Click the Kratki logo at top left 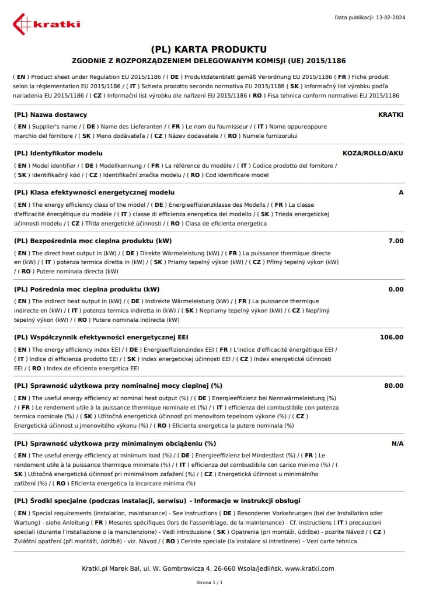(47, 24)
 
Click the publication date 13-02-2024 (389, 18)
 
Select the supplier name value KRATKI (390, 114)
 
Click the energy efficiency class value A (400, 192)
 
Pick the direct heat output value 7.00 (395, 241)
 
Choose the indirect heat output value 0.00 (395, 289)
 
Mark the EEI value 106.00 (391, 337)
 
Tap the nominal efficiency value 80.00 (393, 386)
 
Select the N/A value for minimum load (397, 443)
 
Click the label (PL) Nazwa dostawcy (50, 114)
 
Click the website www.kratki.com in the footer (309, 568)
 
